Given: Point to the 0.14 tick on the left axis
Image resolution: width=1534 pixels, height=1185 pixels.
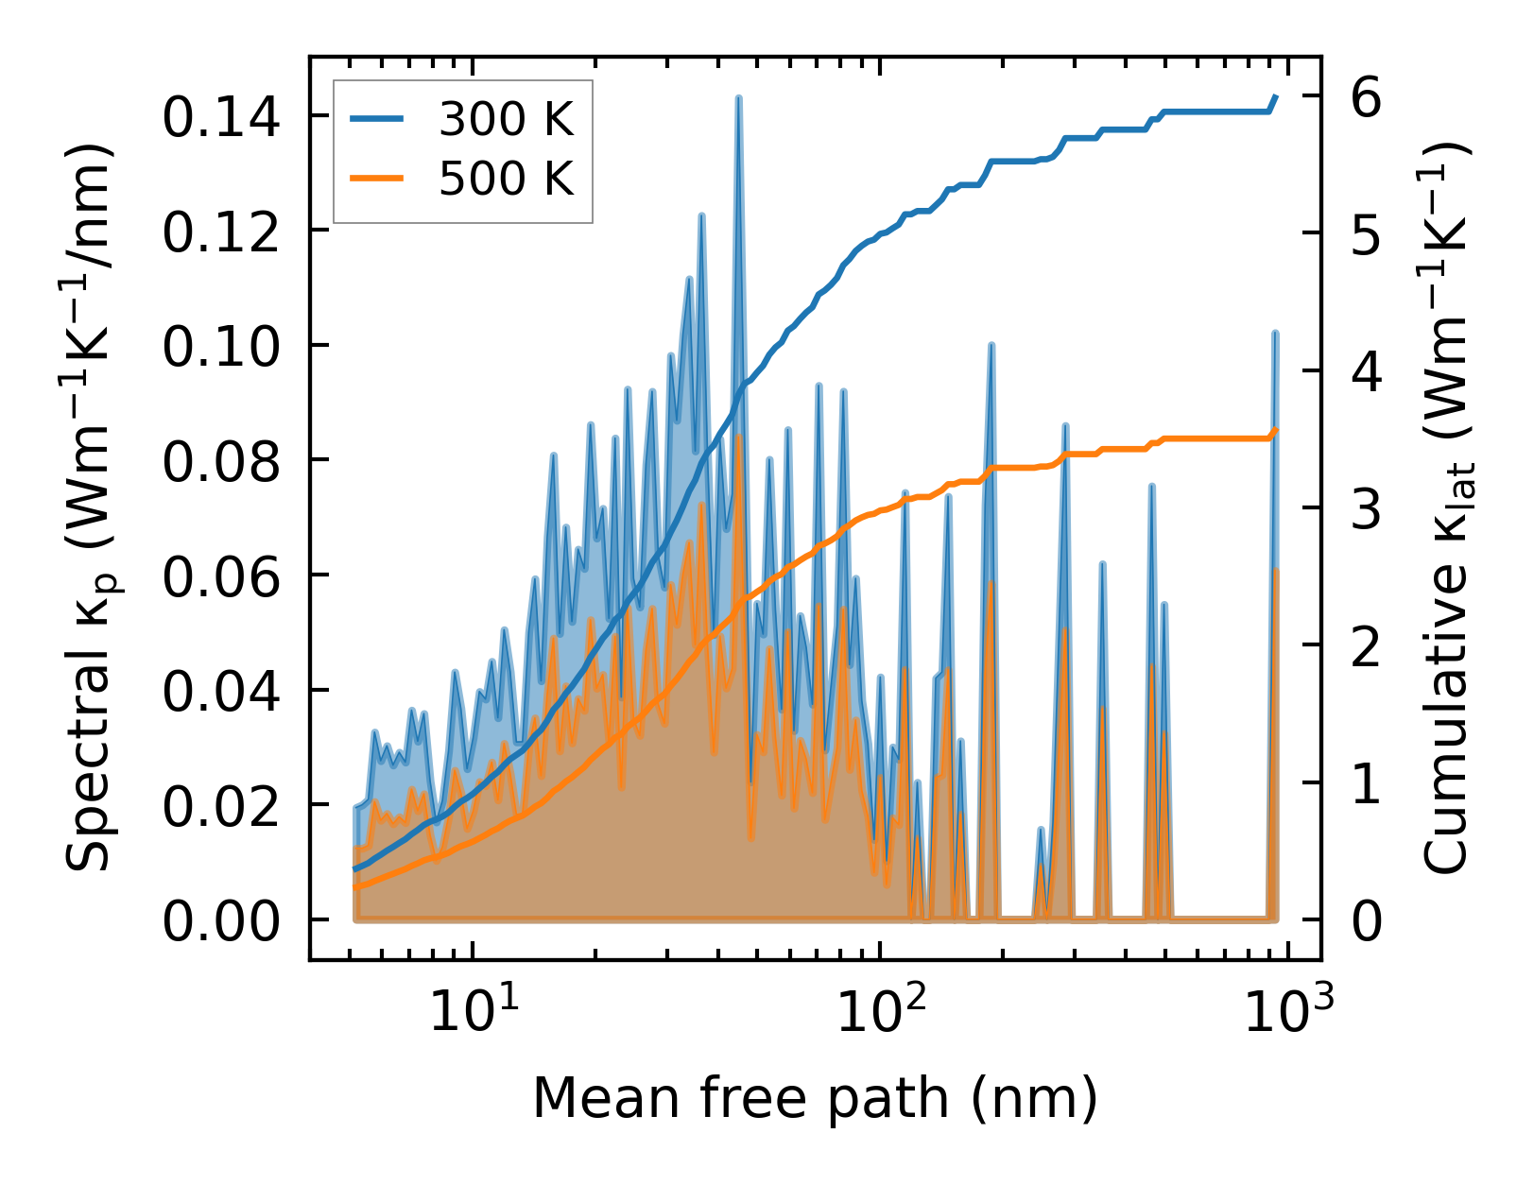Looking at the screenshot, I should coord(221,119).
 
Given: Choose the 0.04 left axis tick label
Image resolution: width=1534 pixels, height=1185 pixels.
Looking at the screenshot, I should coord(221,692).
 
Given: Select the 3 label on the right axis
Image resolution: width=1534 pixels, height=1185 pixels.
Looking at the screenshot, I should coord(1365,509).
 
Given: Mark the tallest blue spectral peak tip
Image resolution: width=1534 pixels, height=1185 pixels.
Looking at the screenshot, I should coord(738,97).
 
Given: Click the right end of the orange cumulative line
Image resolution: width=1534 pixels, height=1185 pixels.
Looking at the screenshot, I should coord(1276,430).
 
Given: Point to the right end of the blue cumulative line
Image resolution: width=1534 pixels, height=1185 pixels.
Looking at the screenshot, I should coord(1276,96).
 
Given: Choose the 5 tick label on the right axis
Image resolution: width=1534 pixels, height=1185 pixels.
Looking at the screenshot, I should coord(1365,234).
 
